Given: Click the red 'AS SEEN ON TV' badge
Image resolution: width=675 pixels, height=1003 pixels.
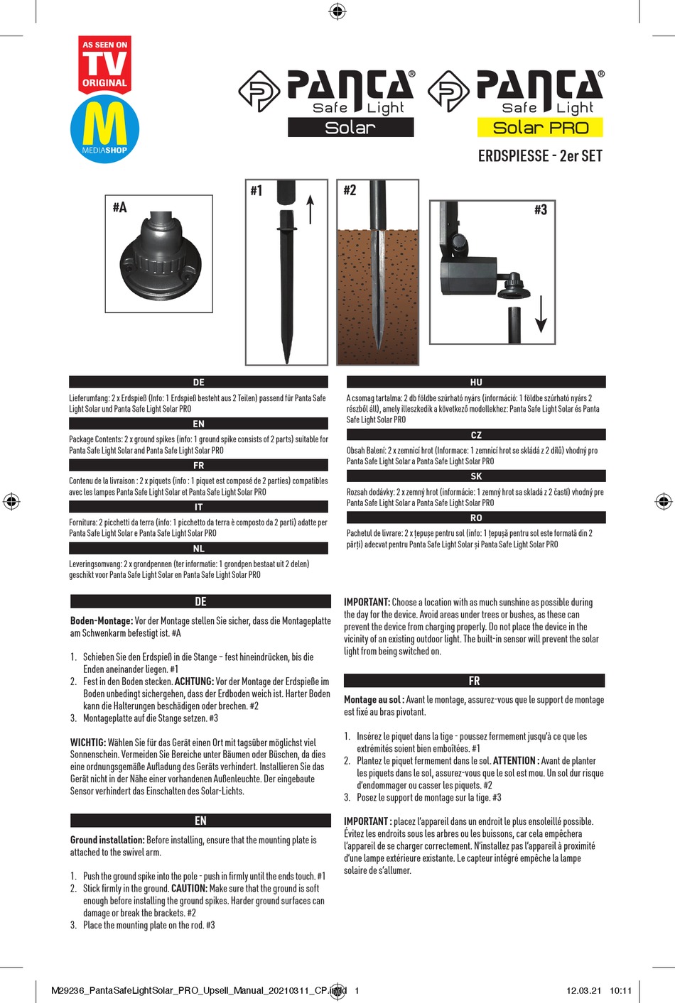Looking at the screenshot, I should click(104, 65).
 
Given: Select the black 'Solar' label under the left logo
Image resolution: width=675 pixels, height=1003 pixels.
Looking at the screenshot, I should click(350, 128).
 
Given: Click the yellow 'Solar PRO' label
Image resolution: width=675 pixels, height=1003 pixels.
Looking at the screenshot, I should click(540, 128).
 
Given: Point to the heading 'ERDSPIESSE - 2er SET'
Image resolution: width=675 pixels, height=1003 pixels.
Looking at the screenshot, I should click(540, 156).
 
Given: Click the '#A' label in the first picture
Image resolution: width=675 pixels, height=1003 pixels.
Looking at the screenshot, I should click(119, 207).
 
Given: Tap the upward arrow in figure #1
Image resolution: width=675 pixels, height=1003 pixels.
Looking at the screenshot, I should click(310, 209).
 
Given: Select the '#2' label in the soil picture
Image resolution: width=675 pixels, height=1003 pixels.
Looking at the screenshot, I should click(350, 190).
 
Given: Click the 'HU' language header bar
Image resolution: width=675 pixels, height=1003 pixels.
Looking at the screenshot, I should click(476, 382).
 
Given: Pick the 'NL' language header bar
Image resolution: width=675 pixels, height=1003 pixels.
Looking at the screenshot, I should click(198, 549).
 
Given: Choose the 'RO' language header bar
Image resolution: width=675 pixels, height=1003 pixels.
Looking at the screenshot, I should click(476, 518).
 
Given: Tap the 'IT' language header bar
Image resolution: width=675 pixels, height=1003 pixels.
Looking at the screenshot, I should click(198, 507).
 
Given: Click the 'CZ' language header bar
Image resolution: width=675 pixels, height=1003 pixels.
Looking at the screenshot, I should click(476, 435).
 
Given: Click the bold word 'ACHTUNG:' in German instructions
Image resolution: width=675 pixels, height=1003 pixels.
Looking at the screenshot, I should click(194, 681).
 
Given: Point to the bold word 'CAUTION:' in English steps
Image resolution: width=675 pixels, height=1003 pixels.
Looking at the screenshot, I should click(189, 889).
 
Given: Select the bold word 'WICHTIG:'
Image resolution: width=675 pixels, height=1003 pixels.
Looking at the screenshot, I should click(88, 742).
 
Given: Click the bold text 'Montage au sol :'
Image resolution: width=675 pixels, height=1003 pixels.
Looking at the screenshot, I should click(374, 700).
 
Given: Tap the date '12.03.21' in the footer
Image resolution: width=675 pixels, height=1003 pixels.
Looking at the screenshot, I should click(583, 990).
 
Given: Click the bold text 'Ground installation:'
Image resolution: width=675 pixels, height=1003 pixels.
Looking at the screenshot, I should click(107, 840).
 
